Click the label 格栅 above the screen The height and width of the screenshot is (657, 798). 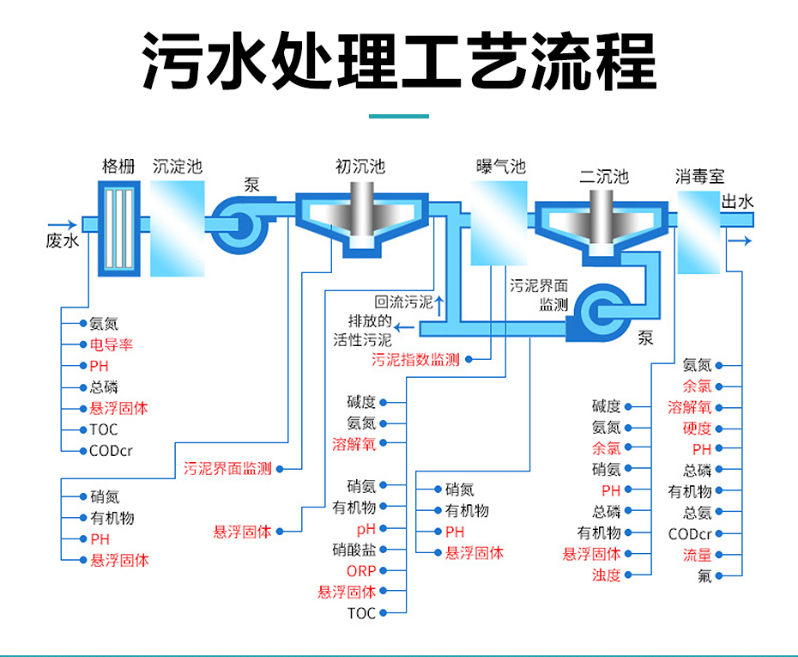tap(118, 166)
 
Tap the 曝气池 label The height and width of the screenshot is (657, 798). tap(501, 167)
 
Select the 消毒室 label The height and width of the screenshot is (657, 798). tap(700, 177)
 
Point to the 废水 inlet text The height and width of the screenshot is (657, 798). tap(63, 240)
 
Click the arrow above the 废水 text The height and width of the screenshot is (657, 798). tap(62, 225)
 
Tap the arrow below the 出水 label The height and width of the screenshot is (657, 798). tap(740, 240)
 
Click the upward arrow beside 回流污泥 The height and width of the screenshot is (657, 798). tap(439, 306)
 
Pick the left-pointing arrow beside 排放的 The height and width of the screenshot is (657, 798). tap(404, 327)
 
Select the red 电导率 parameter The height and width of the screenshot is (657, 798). tap(112, 344)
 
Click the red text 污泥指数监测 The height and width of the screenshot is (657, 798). tap(415, 360)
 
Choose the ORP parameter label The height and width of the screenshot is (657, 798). tap(361, 571)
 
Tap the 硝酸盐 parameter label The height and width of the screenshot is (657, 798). tap(354, 550)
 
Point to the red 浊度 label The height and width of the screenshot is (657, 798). tap(606, 575)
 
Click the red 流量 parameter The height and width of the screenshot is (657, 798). tap(697, 555)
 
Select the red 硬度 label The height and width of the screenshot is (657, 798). tap(697, 429)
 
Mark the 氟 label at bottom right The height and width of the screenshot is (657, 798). tap(704, 576)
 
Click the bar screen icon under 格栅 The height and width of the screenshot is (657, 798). tap(119, 228)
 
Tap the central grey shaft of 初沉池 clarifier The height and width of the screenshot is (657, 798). tap(362, 215)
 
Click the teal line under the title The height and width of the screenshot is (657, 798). tap(398, 117)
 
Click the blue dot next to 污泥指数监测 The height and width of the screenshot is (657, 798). tap(469, 360)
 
